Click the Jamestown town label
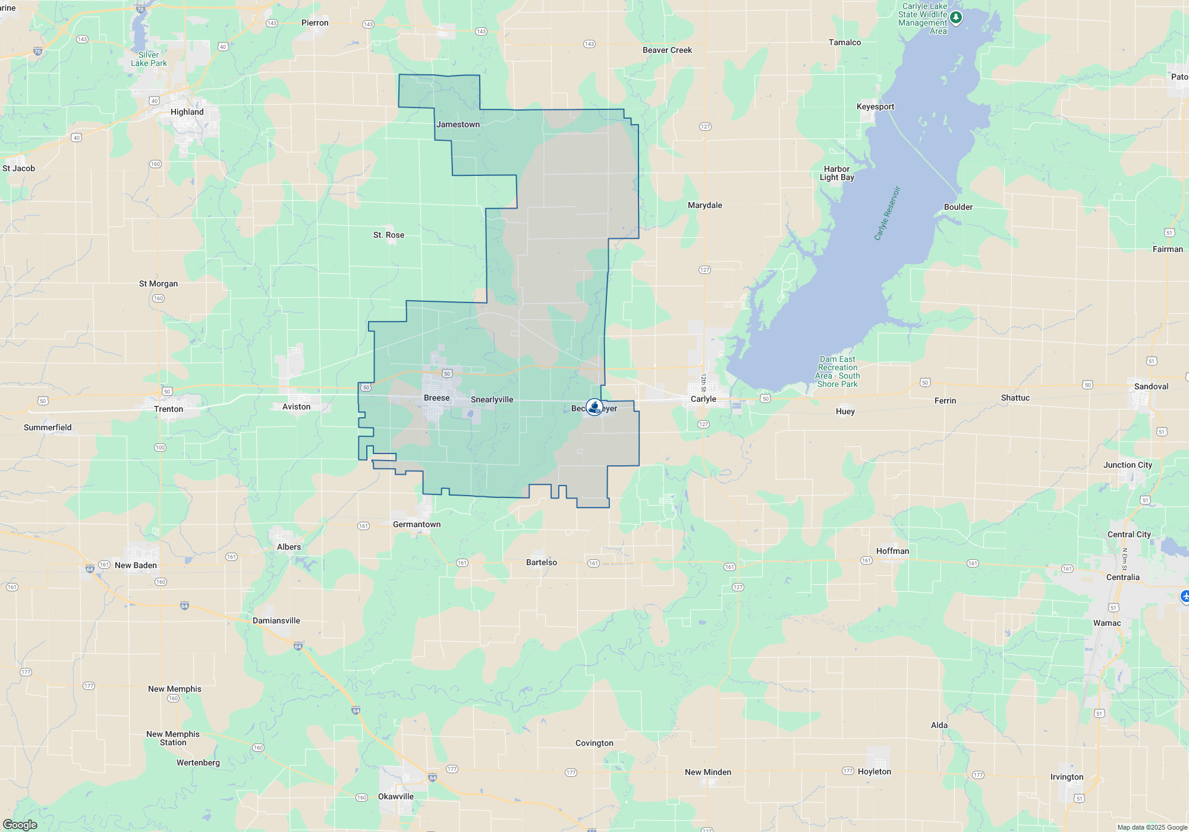pyautogui.click(x=458, y=124)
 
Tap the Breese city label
pyautogui.click(x=436, y=398)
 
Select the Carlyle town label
pyautogui.click(x=703, y=399)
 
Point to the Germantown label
pyautogui.click(x=417, y=524)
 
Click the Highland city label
pyautogui.click(x=187, y=112)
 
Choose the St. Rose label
pyautogui.click(x=389, y=235)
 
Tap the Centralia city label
pyautogui.click(x=1122, y=577)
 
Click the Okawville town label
pyautogui.click(x=396, y=796)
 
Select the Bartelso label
pyautogui.click(x=542, y=562)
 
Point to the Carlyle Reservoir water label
pyautogui.click(x=887, y=213)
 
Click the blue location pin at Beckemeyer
pyautogui.click(x=594, y=407)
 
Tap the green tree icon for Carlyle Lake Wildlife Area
pyautogui.click(x=955, y=17)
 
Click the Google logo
pyautogui.click(x=20, y=824)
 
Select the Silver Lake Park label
pyautogui.click(x=149, y=59)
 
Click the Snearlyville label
pyautogui.click(x=492, y=399)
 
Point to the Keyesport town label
pyautogui.click(x=875, y=107)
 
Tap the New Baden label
pyautogui.click(x=136, y=565)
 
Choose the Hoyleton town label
pyautogui.click(x=874, y=771)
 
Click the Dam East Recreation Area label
pyautogui.click(x=837, y=371)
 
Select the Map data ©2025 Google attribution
pyautogui.click(x=1152, y=827)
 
